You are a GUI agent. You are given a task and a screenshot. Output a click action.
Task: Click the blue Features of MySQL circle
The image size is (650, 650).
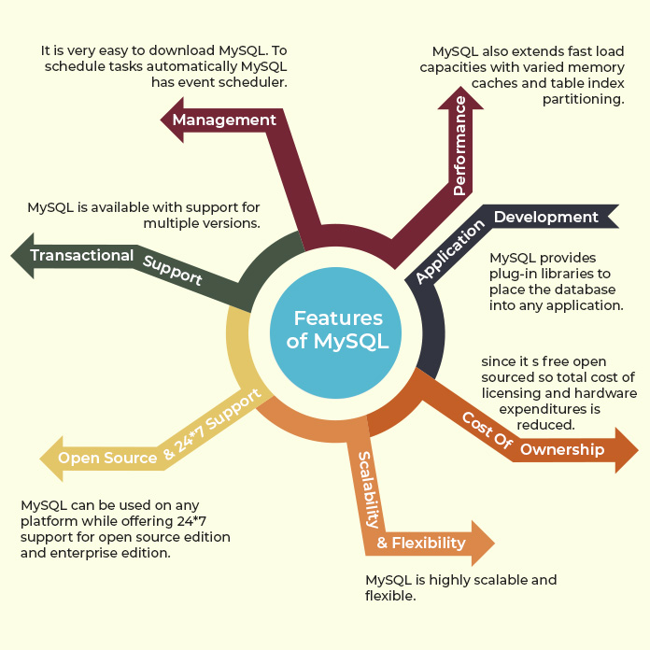coord(337,330)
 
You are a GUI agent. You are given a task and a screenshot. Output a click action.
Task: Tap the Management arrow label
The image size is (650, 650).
coord(224,120)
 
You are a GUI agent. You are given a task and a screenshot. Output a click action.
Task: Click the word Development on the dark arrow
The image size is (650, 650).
coord(545,217)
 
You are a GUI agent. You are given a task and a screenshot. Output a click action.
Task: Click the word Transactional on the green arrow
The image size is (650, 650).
coord(82,255)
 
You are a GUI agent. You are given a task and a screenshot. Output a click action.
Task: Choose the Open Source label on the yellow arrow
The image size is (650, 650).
coord(107,458)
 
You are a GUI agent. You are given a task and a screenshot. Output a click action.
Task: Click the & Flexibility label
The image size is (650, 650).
coord(421,543)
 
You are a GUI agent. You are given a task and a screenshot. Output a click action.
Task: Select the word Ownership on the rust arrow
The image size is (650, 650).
coord(562,449)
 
